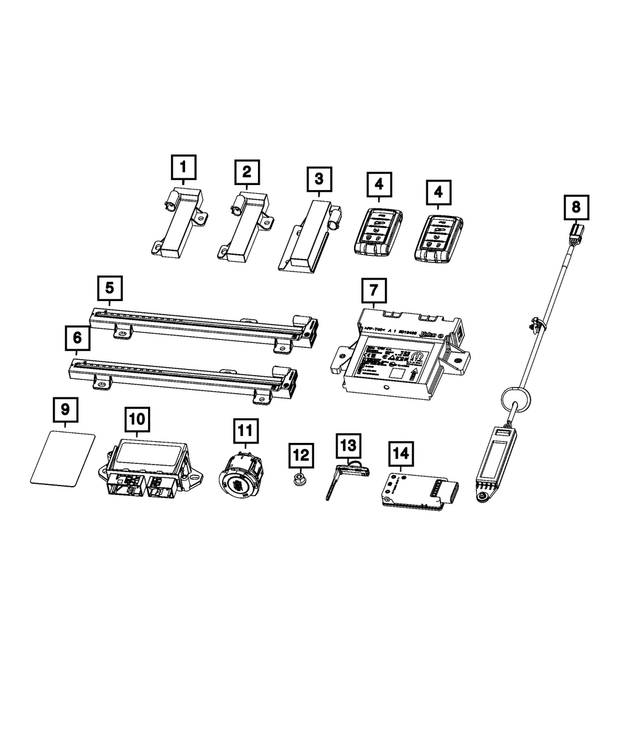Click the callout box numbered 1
click(184, 167)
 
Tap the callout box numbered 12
click(300, 455)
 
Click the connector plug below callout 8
click(575, 236)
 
